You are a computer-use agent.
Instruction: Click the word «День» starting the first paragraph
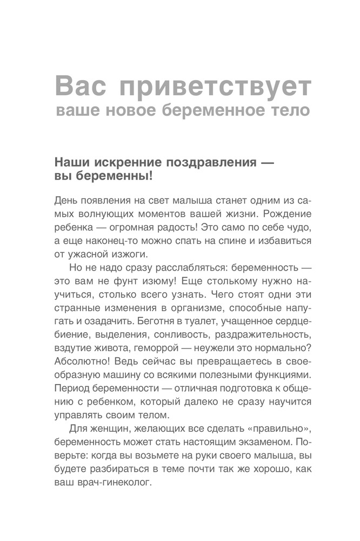pyautogui.click(x=65, y=200)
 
